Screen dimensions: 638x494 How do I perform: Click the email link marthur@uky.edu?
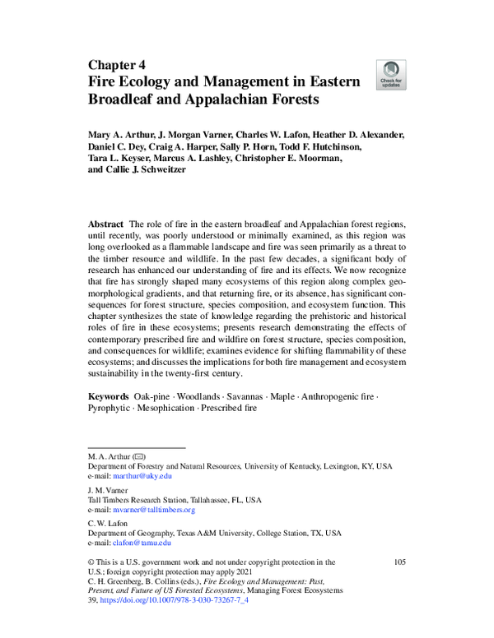[x=142, y=476]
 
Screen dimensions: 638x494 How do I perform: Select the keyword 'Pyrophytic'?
[x=109, y=409]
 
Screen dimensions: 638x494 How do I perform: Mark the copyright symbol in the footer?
[x=91, y=562]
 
